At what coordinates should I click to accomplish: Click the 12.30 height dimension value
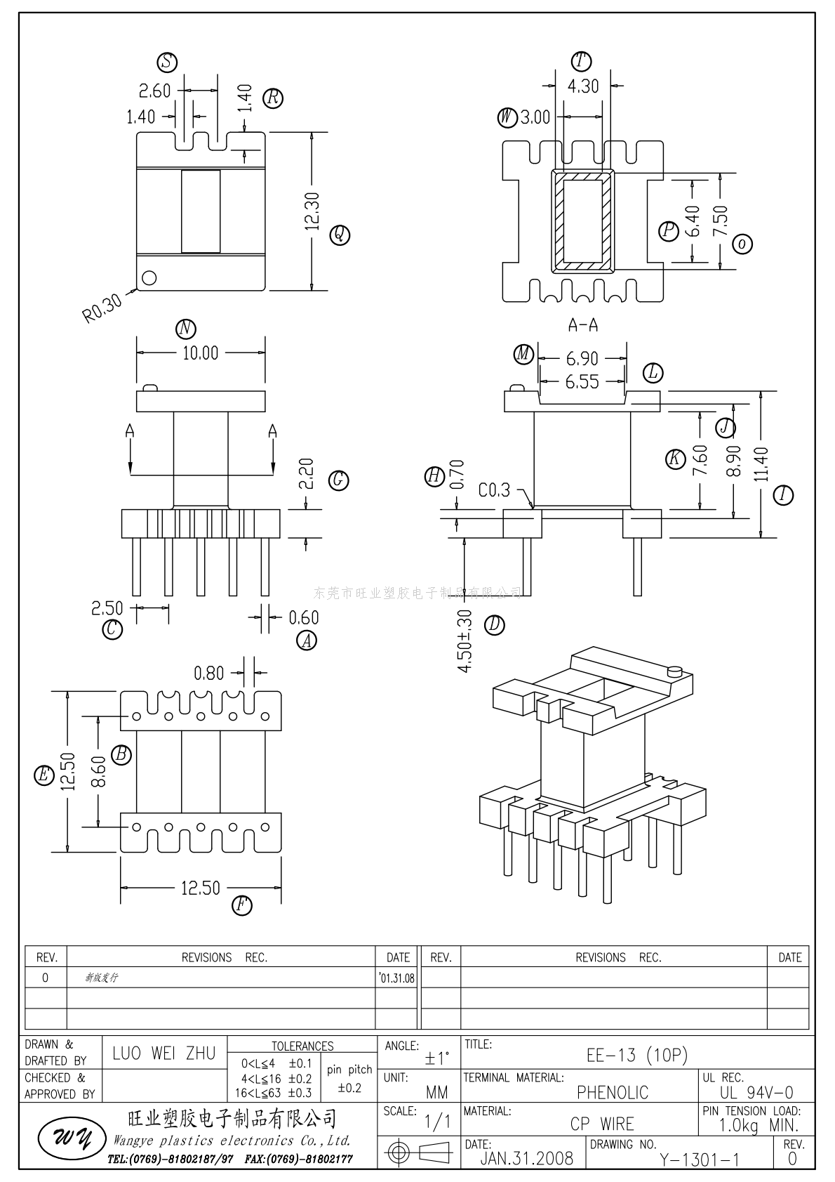point(313,211)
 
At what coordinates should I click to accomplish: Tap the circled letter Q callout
point(340,234)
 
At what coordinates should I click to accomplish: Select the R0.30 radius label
point(102,308)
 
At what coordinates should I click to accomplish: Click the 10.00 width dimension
point(200,353)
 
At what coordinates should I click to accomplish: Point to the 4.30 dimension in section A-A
point(583,86)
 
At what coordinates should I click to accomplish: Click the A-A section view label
point(582,325)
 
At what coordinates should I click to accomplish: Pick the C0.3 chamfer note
point(494,490)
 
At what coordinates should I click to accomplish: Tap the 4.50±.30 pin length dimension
point(465,641)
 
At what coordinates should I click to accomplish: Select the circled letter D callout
point(495,624)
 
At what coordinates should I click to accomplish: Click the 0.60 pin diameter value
point(304,617)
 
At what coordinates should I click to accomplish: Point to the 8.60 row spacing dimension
point(98,771)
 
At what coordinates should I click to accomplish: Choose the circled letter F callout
point(241,905)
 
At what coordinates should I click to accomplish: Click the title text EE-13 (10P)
point(636,1055)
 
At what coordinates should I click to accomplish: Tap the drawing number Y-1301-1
point(699,1160)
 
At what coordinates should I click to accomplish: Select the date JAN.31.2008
point(526,1158)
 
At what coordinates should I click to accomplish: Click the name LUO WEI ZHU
point(164,1053)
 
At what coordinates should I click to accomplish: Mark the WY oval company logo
point(65,1141)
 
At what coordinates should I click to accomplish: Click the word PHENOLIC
point(613,1092)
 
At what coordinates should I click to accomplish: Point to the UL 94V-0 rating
point(756,1092)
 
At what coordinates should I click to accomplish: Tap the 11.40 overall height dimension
point(762,465)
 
